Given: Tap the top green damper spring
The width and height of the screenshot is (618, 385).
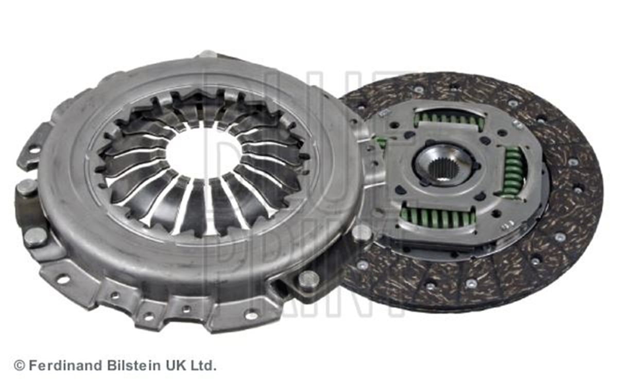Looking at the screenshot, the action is click(x=450, y=119).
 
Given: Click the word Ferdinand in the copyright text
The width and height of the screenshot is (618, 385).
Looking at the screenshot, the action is click(x=66, y=365).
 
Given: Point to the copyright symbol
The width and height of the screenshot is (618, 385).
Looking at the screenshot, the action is click(x=20, y=366).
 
